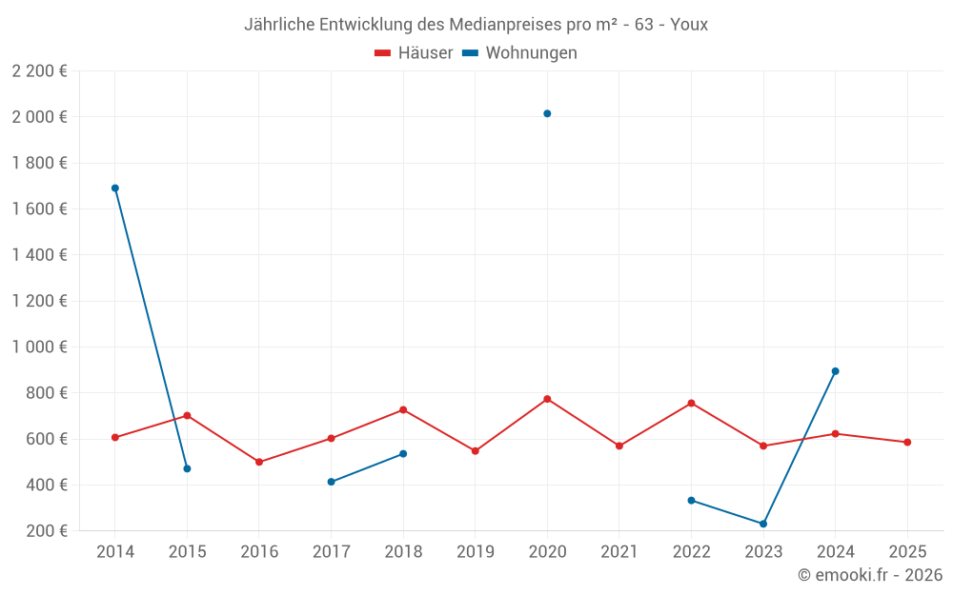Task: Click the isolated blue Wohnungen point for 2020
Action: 547,113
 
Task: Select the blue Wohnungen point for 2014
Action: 115,188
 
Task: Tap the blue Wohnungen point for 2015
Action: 187,468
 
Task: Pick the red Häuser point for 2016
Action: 259,462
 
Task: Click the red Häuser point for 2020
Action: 547,399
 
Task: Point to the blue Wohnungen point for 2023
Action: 763,524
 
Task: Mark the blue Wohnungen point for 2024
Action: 835,371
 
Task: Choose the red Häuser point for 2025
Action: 907,442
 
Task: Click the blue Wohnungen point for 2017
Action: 331,482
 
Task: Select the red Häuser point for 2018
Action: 403,409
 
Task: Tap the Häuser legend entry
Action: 414,53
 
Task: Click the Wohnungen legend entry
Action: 519,53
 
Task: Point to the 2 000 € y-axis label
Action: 39,117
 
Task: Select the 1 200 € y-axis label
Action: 39,301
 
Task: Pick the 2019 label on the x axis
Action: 476,552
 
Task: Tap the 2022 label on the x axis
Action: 691,552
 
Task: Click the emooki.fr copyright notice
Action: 870,575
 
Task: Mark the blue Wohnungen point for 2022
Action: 691,500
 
